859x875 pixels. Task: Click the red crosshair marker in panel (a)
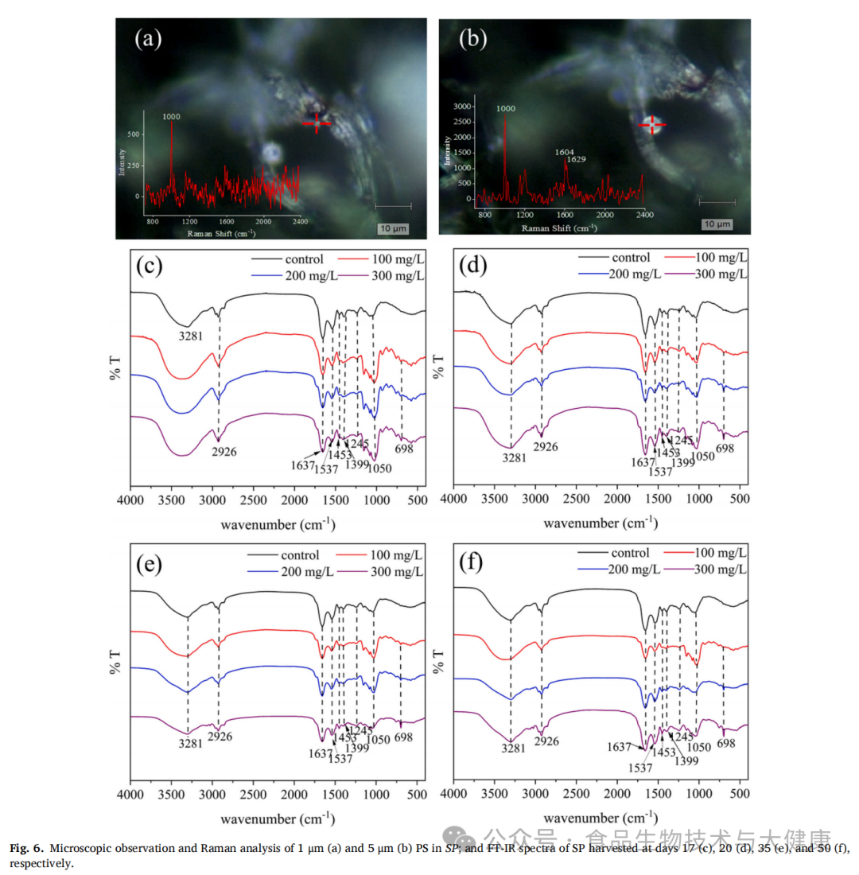tap(317, 122)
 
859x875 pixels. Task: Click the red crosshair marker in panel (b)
tap(652, 124)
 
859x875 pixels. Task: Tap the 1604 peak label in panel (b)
tap(564, 150)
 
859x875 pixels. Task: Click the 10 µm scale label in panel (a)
tap(392, 229)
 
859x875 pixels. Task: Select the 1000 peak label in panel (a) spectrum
tap(171, 116)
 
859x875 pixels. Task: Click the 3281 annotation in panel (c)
tap(192, 336)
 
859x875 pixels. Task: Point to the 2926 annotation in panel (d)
tap(545, 447)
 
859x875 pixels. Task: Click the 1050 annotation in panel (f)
tap(698, 747)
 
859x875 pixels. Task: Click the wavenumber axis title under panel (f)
tap(601, 818)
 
